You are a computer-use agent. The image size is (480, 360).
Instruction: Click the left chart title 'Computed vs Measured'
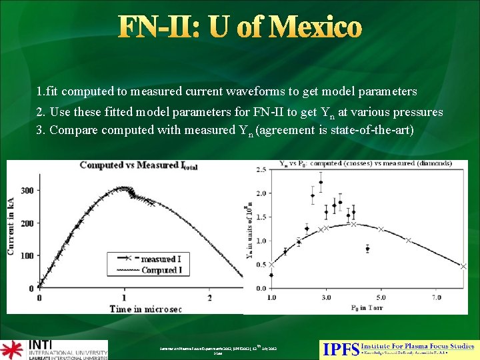tap(127, 165)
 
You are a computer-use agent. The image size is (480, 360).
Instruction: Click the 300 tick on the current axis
tap(27, 190)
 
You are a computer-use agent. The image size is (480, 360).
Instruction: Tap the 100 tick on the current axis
tap(27, 255)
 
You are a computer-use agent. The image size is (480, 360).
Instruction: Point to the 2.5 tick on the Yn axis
tap(261, 170)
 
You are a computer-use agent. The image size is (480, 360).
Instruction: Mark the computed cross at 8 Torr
tap(463, 266)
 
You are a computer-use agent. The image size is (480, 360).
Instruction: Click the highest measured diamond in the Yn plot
tap(321, 182)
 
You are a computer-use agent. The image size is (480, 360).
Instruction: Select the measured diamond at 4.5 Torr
tap(367, 249)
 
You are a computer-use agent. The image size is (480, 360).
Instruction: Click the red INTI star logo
tap(12, 349)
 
